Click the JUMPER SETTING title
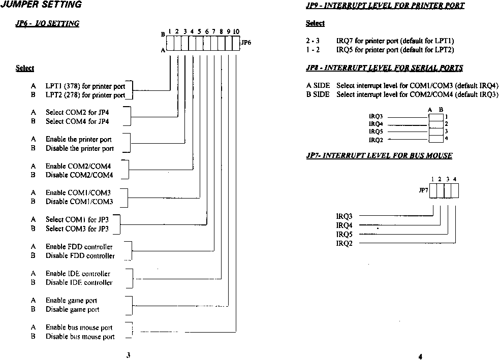point(41,4)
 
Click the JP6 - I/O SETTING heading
point(47,23)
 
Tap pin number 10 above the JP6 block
point(236,31)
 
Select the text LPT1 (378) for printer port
point(85,86)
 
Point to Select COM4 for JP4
point(77,121)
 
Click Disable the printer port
point(80,148)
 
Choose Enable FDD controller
point(79,246)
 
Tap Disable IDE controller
point(79,282)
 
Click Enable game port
point(71,301)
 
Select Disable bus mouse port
point(80,337)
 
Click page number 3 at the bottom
point(128,355)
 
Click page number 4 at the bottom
point(420,356)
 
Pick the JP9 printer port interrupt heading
point(385,6)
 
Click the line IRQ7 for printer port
point(395,41)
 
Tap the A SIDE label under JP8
point(318,85)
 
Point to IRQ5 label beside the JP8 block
point(376,132)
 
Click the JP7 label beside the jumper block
point(424,190)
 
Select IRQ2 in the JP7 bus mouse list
point(345,243)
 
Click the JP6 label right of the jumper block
point(246,42)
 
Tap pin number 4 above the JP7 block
point(455,179)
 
